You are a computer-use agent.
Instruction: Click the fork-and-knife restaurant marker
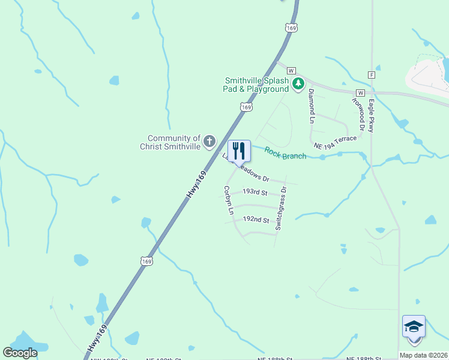(239, 151)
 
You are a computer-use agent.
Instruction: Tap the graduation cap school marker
(414, 327)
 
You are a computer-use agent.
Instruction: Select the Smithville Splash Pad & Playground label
(256, 85)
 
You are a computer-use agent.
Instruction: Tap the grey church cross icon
(209, 142)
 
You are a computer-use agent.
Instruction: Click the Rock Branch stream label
(286, 154)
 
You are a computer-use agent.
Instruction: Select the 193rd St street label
(255, 191)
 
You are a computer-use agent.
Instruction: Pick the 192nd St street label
(256, 220)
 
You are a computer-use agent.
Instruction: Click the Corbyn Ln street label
(228, 200)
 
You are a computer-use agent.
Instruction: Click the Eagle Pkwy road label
(372, 115)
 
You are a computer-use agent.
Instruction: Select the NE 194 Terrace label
(335, 142)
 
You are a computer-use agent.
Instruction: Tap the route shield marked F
(372, 74)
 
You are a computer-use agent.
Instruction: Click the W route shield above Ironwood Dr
(360, 93)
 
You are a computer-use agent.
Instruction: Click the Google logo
(20, 353)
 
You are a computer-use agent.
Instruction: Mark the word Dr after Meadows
(265, 179)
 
